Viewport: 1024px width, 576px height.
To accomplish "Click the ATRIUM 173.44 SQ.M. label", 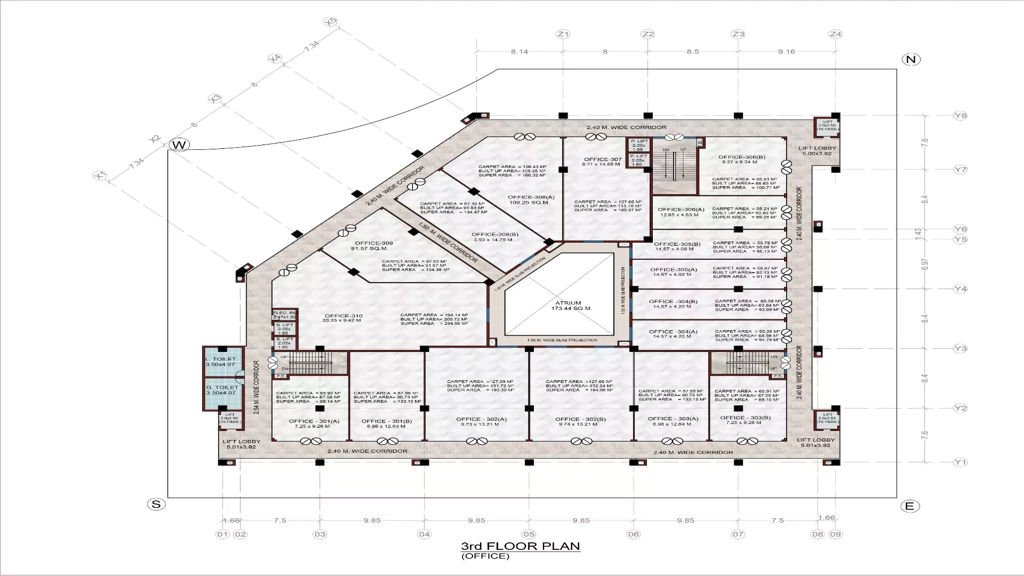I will point(568,306).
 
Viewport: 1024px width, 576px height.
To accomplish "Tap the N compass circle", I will point(911,59).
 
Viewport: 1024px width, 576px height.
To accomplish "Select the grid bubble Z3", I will point(738,34).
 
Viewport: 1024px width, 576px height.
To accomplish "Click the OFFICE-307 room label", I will point(602,159).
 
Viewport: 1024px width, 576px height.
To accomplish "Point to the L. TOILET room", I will point(222,362).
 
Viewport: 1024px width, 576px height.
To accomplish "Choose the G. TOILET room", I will point(222,390).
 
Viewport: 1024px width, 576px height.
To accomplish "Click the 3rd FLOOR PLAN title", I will point(520,546).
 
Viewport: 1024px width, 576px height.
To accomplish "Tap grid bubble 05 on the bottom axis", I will point(529,534).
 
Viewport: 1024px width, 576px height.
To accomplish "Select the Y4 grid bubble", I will point(960,289).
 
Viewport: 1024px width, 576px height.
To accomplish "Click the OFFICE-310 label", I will point(343,316).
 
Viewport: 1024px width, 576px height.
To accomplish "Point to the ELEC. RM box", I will point(284,315).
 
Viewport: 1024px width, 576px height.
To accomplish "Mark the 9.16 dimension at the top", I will point(786,52).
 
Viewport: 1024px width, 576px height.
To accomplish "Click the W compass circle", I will point(179,145).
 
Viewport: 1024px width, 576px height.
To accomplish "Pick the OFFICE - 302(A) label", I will point(481,419).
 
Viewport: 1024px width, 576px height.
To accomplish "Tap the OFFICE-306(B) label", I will point(741,157).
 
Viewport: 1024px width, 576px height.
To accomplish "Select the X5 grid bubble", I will point(331,22).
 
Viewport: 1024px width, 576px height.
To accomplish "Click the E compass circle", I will point(909,506).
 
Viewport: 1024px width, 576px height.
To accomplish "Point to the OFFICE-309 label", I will point(373,243).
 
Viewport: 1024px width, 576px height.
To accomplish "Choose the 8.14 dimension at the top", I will point(519,52).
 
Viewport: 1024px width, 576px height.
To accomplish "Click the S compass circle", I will point(156,505).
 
